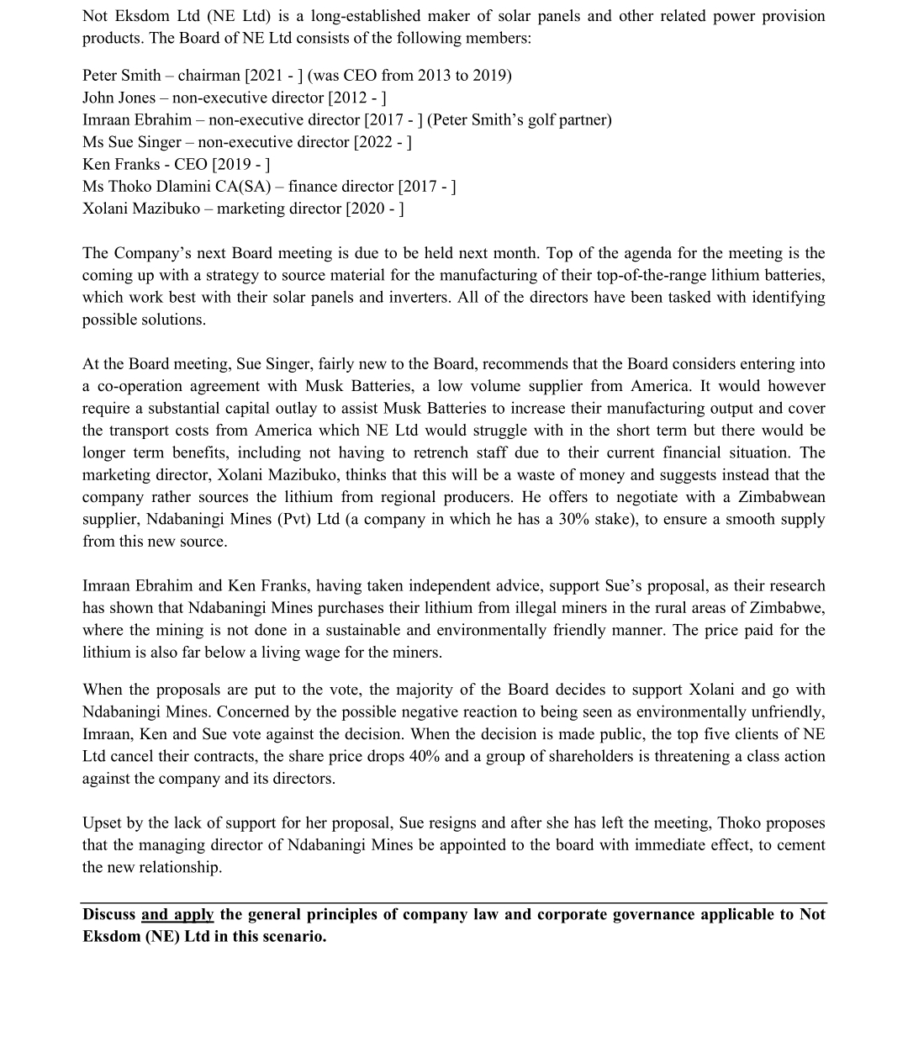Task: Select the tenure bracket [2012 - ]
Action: [356, 98]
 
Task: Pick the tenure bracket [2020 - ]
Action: [375, 208]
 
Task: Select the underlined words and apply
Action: [177, 914]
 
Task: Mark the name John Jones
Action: [119, 98]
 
